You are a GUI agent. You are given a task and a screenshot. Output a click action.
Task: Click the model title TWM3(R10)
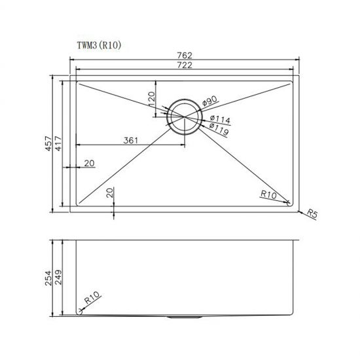96,45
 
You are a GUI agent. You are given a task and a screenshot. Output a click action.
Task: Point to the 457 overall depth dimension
48,144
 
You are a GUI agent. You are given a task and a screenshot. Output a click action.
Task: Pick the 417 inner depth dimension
58,144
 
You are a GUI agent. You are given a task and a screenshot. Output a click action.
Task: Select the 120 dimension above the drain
151,100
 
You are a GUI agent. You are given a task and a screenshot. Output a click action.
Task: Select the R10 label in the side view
91,300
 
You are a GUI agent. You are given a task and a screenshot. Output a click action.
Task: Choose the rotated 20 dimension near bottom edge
109,192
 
